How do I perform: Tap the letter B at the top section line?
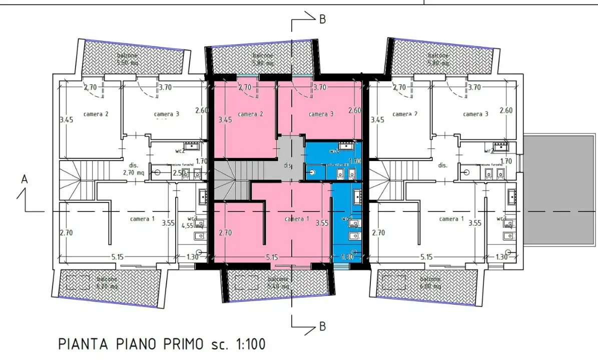(323, 19)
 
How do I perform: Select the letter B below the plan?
(323, 326)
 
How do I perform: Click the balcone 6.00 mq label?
(430, 282)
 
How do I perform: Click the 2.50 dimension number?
(179, 173)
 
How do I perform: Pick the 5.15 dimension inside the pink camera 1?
(272, 257)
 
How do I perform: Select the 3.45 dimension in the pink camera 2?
(226, 120)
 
